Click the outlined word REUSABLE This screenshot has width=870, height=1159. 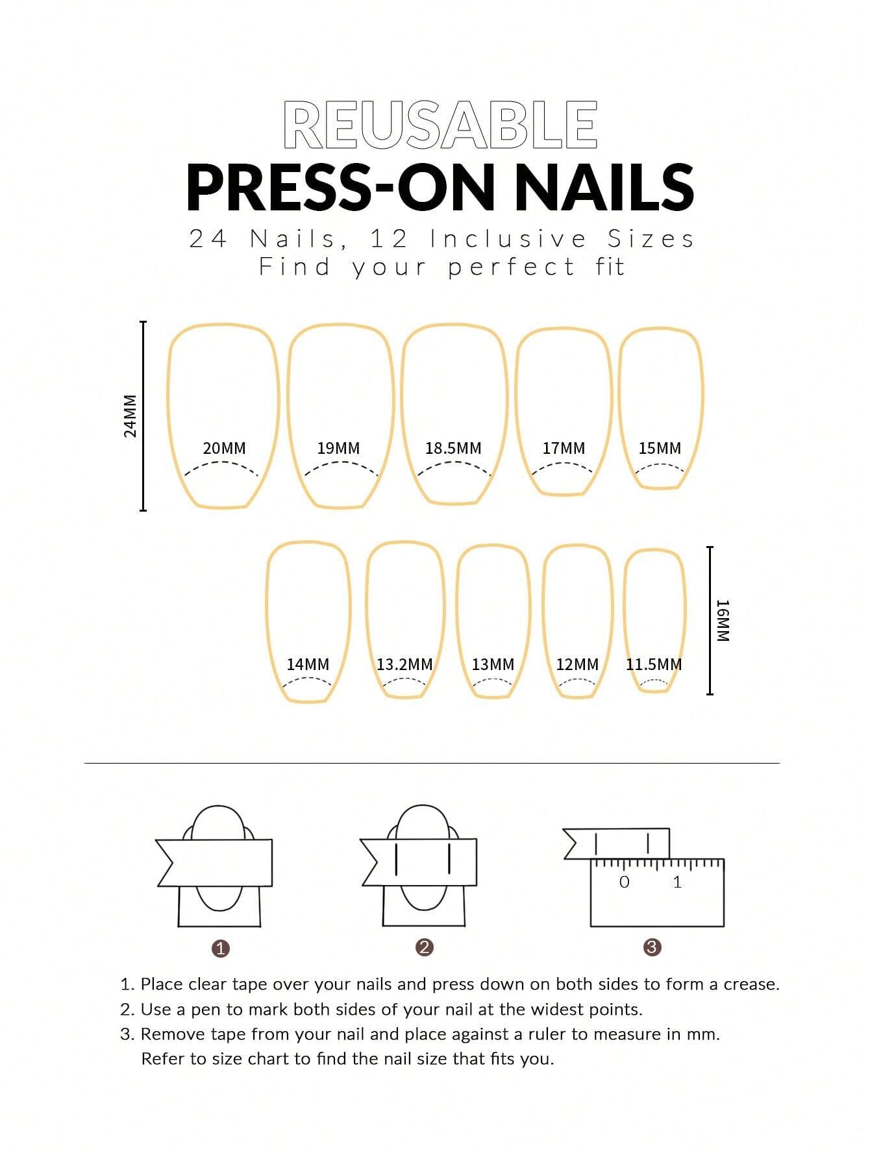pos(440,125)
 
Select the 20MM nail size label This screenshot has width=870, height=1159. pos(225,448)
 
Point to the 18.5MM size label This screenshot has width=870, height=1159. pos(453,448)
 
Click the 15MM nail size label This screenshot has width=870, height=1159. pos(660,448)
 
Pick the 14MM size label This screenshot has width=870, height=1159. pos(308,664)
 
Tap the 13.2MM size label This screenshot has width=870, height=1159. pos(404,664)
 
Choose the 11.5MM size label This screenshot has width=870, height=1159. pos(654,664)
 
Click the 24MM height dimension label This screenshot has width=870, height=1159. pos(130,416)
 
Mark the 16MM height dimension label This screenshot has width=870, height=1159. pos(723,621)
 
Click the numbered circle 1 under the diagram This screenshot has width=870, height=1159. pos(221,948)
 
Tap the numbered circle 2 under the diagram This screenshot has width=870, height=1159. pos(424,947)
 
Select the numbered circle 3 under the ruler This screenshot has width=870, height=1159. pos(652,947)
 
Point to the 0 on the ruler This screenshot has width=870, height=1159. pos(625,882)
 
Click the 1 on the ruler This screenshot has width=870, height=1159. pos(677,882)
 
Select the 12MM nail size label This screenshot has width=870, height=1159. pos(577,664)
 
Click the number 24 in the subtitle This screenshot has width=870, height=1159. pos(208,239)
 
